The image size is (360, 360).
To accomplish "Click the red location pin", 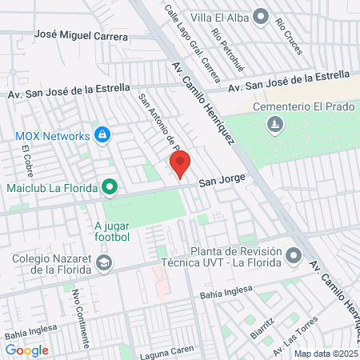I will coord(180,163).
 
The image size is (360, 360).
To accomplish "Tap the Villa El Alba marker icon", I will coord(261,15).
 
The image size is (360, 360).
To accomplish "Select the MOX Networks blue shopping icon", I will coord(102,135).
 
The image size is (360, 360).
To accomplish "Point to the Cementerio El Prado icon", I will coord(275,125).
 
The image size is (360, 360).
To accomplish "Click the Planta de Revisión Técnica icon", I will coord(294,256).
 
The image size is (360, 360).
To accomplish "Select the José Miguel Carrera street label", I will coord(82,37).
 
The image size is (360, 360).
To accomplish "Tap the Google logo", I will coord(27,350).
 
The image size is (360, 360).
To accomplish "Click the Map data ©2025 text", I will coord(325,354).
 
